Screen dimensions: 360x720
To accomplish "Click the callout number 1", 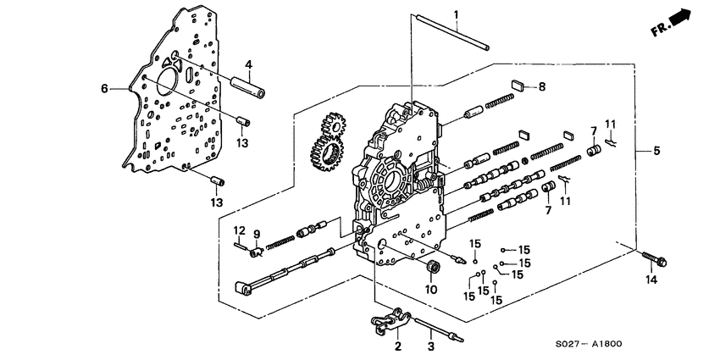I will pyautogui.click(x=455, y=14).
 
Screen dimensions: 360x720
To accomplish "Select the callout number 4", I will pyautogui.click(x=249, y=64).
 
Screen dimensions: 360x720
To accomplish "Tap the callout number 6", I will pyautogui.click(x=104, y=89).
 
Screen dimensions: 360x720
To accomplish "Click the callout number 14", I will pyautogui.click(x=651, y=279).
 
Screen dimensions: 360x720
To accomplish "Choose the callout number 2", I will pyautogui.click(x=396, y=346).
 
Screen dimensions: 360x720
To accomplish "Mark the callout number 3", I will pyautogui.click(x=430, y=346).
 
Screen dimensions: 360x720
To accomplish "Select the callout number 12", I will pyautogui.click(x=240, y=230).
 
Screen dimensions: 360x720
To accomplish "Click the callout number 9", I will pyautogui.click(x=257, y=234).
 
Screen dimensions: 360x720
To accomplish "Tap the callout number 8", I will pyautogui.click(x=542, y=86).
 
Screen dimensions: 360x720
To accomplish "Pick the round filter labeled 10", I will pyautogui.click(x=433, y=269).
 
